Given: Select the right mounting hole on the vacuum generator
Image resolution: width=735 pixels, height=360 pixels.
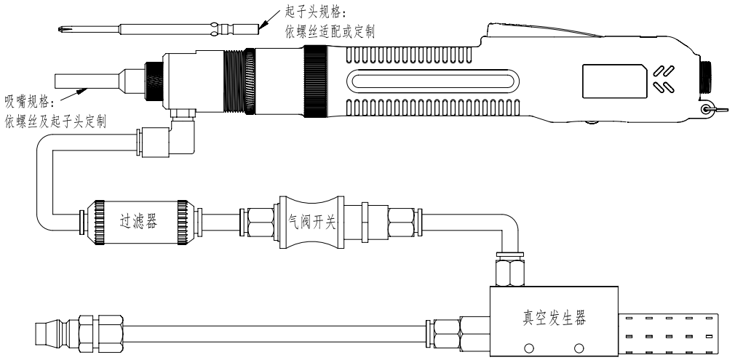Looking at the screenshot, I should coord(580,346).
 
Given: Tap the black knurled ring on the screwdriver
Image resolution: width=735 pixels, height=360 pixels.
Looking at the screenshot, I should coord(315,81).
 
